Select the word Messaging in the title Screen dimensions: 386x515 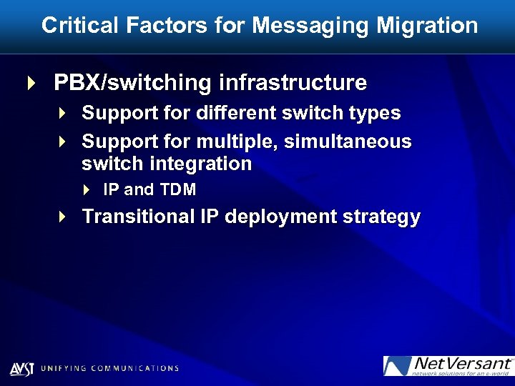310,26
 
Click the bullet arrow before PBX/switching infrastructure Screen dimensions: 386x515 30,83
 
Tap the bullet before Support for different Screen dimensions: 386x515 63,113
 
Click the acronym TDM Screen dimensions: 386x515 180,190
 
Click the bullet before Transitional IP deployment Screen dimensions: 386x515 63,216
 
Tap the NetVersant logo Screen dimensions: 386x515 448,366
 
